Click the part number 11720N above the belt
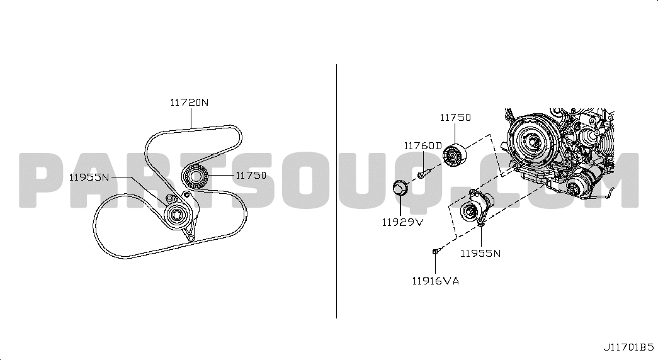pos(190,103)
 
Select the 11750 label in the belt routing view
pos(251,176)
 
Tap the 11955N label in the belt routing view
pos(89,177)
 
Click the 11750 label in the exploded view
pos(455,118)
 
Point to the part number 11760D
pos(423,146)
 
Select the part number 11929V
pos(402,222)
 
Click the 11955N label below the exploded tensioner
pos(480,254)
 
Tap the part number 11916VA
pos(436,281)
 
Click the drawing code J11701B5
pos(628,347)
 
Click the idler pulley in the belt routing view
pos(195,176)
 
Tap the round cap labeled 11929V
pos(400,188)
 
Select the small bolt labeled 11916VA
pos(436,251)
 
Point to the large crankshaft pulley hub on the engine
pos(531,141)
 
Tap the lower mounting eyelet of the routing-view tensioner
pos(191,239)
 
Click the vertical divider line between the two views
pos(336,191)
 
